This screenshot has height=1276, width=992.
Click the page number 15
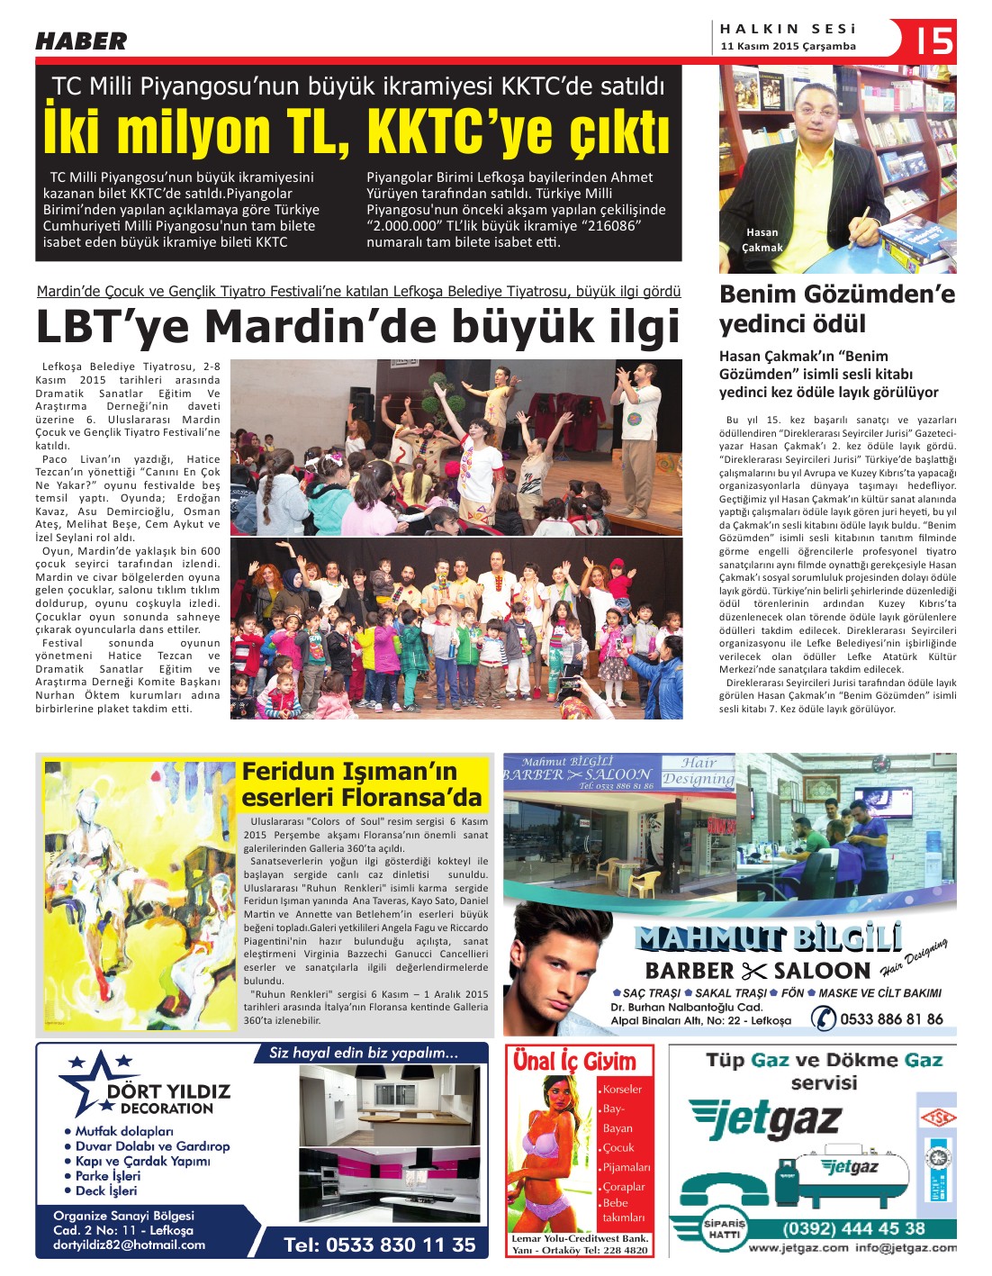[x=934, y=41]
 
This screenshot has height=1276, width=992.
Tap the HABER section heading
[x=81, y=41]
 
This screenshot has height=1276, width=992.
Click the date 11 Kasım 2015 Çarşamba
[x=788, y=46]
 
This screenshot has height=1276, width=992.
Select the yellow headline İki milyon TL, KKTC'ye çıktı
[x=357, y=131]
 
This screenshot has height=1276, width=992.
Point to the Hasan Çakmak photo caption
[x=762, y=240]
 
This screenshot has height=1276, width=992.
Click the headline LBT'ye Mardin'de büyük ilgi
[x=357, y=327]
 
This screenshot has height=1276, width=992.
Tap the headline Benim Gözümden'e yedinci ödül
[x=836, y=309]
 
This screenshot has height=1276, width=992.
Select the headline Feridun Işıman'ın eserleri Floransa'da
[x=362, y=784]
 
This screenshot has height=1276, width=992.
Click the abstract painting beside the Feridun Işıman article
[x=140, y=894]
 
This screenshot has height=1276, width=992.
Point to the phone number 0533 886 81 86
[x=891, y=1018]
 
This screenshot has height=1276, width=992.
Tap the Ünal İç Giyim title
[x=574, y=1061]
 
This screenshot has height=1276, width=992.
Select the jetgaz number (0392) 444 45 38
[x=853, y=1228]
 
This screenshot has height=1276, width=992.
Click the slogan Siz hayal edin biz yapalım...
[x=364, y=1052]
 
